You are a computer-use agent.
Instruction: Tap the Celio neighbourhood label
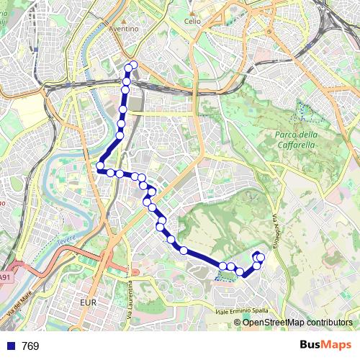[192, 22]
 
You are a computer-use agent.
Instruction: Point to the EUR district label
[89, 303]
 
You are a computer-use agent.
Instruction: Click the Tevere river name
[66, 238]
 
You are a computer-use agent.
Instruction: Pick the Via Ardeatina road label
[275, 230]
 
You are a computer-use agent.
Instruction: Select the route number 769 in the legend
[30, 346]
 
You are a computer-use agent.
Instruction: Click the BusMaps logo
[326, 345]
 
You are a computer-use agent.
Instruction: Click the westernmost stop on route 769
[99, 168]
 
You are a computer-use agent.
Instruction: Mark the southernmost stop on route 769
[246, 273]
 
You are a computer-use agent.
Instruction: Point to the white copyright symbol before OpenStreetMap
[238, 322]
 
